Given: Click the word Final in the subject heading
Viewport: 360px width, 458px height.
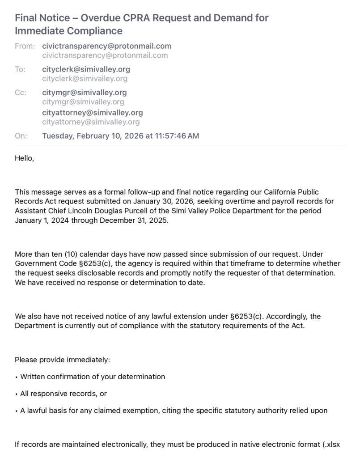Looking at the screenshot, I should coord(25,18).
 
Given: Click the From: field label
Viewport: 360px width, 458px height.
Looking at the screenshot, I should coord(24,46).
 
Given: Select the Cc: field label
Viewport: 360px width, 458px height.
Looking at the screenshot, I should coord(21,93).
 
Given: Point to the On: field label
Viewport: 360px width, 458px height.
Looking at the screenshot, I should coord(21,136).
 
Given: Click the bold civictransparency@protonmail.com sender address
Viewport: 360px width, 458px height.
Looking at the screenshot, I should coord(106,46).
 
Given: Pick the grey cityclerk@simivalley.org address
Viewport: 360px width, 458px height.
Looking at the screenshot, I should coord(85,79).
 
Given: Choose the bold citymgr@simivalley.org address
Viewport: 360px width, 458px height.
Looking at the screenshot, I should coord(84,93).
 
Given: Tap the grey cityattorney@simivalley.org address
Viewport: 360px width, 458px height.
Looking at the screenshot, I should coord(91,122).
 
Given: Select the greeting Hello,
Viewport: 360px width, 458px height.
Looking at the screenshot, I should coord(25,158).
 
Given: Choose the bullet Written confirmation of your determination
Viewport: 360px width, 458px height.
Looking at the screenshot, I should coord(93,377).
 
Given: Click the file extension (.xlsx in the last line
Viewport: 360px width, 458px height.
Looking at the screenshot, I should coord(331,445).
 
